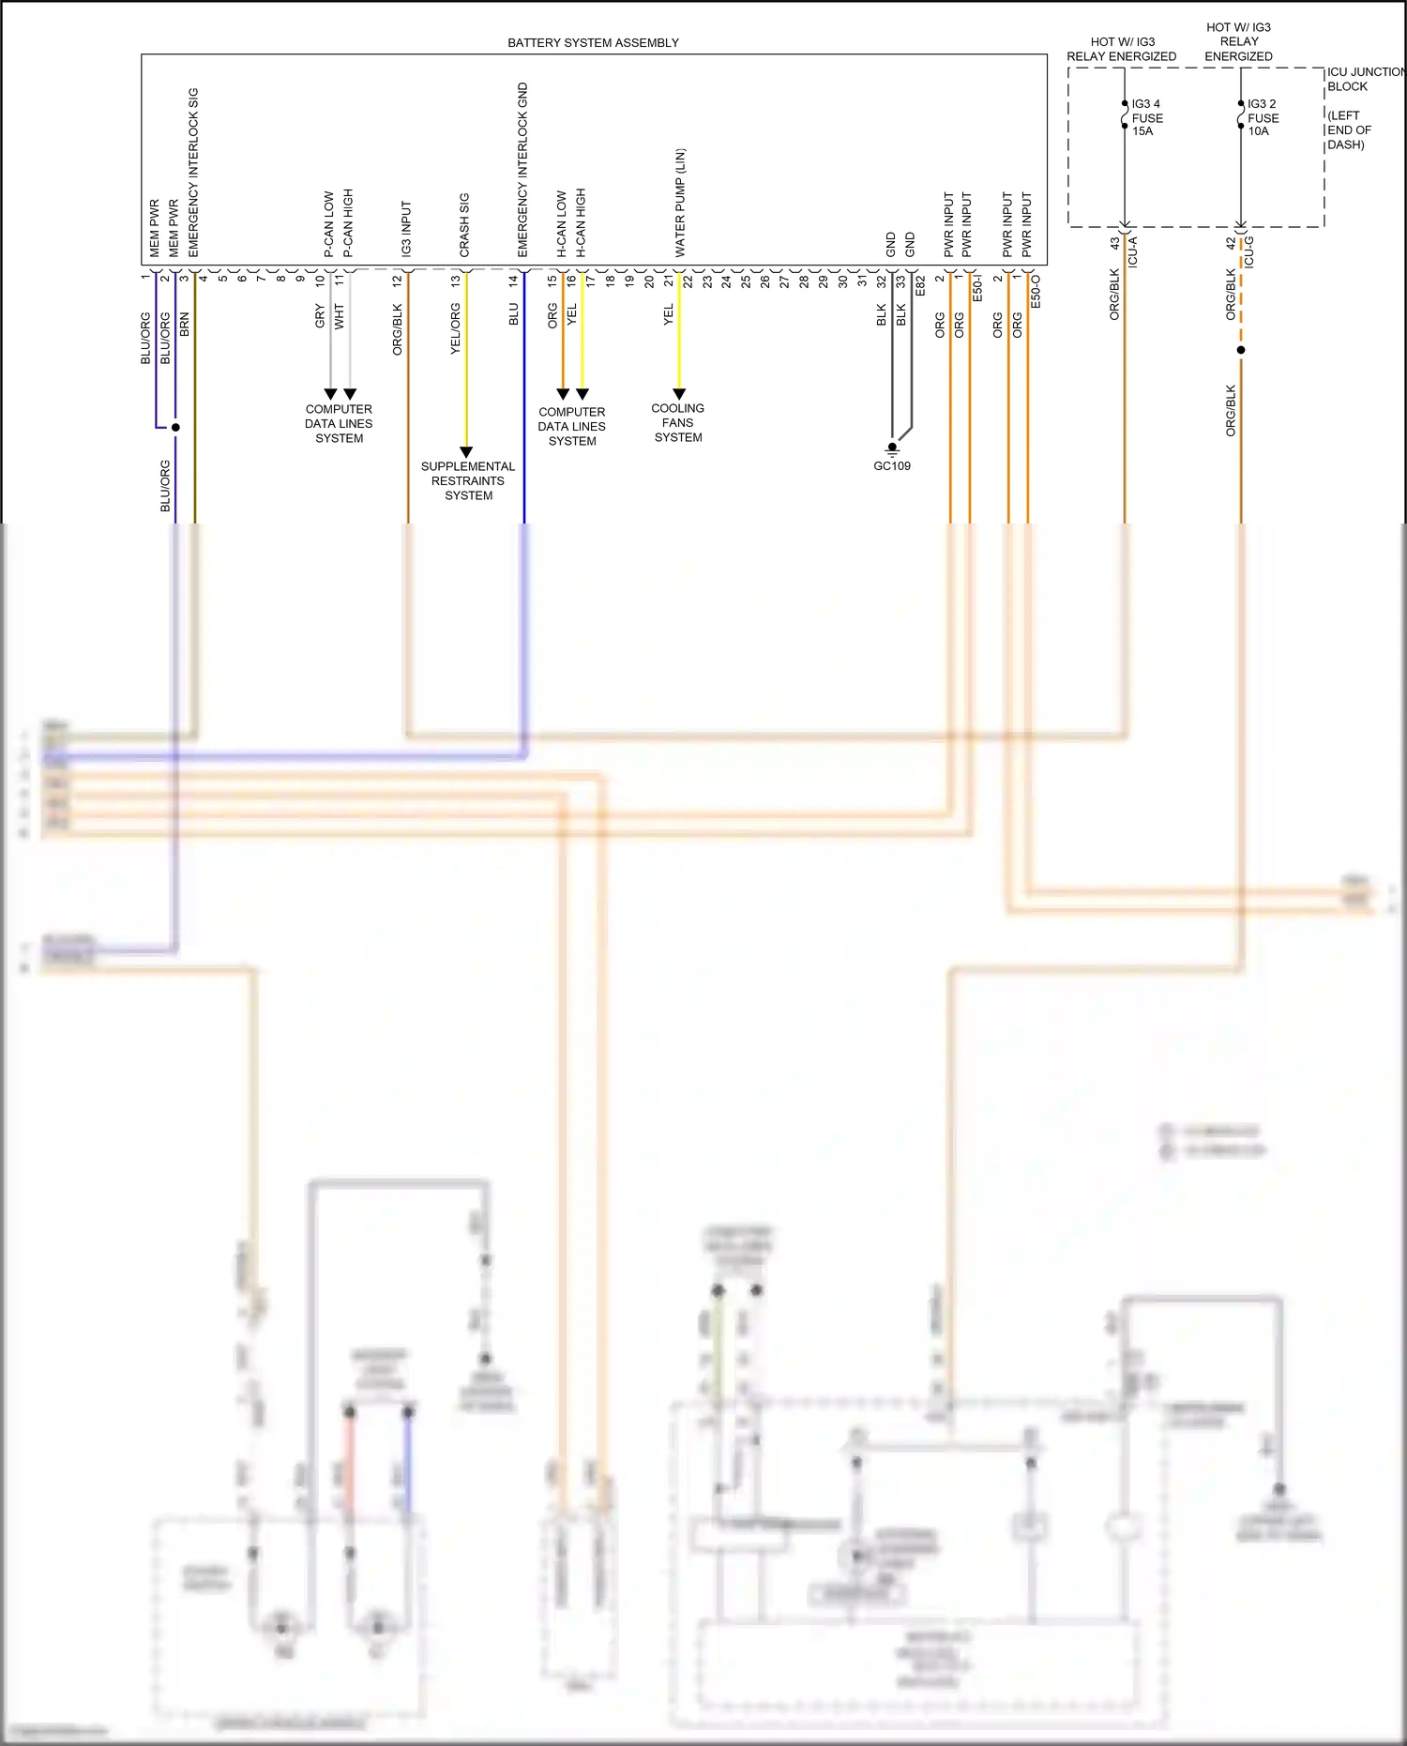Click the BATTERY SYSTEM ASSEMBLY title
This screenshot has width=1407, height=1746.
click(x=593, y=42)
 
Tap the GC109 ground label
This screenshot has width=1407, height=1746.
click(x=891, y=466)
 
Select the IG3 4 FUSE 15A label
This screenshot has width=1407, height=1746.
click(x=1146, y=117)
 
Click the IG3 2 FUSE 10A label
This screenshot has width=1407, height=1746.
click(x=1263, y=117)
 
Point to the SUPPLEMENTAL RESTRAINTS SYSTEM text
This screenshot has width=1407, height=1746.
click(x=467, y=480)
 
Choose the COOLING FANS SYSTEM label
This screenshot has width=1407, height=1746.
click(x=677, y=422)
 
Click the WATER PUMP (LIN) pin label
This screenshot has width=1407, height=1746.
click(x=680, y=203)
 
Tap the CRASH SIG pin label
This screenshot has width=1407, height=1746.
click(x=463, y=225)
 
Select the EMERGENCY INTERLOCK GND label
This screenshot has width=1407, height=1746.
click(x=522, y=170)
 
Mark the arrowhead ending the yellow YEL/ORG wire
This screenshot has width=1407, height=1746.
click(x=466, y=452)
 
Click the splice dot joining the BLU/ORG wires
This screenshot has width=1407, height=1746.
click(x=175, y=427)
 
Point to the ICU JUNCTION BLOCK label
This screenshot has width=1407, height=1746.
click(x=1363, y=79)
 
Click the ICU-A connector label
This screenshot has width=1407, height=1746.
click(x=1133, y=252)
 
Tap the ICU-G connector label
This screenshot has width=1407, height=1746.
click(x=1248, y=252)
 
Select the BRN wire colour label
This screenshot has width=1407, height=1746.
click(x=185, y=325)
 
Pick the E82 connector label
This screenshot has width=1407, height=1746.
click(x=920, y=286)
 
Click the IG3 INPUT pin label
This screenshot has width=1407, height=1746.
click(x=406, y=229)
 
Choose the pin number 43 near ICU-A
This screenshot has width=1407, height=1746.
click(x=1114, y=243)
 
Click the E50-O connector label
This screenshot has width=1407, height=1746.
click(x=1036, y=291)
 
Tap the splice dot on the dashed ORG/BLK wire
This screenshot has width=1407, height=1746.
click(x=1241, y=350)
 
